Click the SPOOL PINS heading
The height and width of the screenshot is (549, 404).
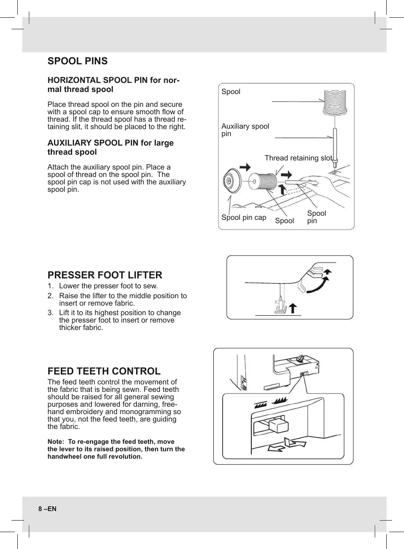tap(78, 61)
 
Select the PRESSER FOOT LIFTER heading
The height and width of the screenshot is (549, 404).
tap(105, 275)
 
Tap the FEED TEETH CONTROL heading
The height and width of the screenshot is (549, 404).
tap(104, 371)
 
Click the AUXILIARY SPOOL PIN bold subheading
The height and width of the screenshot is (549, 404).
tap(110, 147)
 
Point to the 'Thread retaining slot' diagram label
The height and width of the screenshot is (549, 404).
tap(298, 158)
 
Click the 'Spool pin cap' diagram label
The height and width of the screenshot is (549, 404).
tap(244, 217)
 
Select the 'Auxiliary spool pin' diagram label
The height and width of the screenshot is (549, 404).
tap(245, 130)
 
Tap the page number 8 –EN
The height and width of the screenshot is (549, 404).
tap(47, 509)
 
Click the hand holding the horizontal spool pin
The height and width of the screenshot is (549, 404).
tap(326, 186)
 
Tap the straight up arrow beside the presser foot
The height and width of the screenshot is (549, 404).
tap(293, 308)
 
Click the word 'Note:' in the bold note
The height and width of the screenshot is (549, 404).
tap(56, 442)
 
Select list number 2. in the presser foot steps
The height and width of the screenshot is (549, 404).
tap(50, 296)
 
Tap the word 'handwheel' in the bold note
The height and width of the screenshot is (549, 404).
tap(64, 457)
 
